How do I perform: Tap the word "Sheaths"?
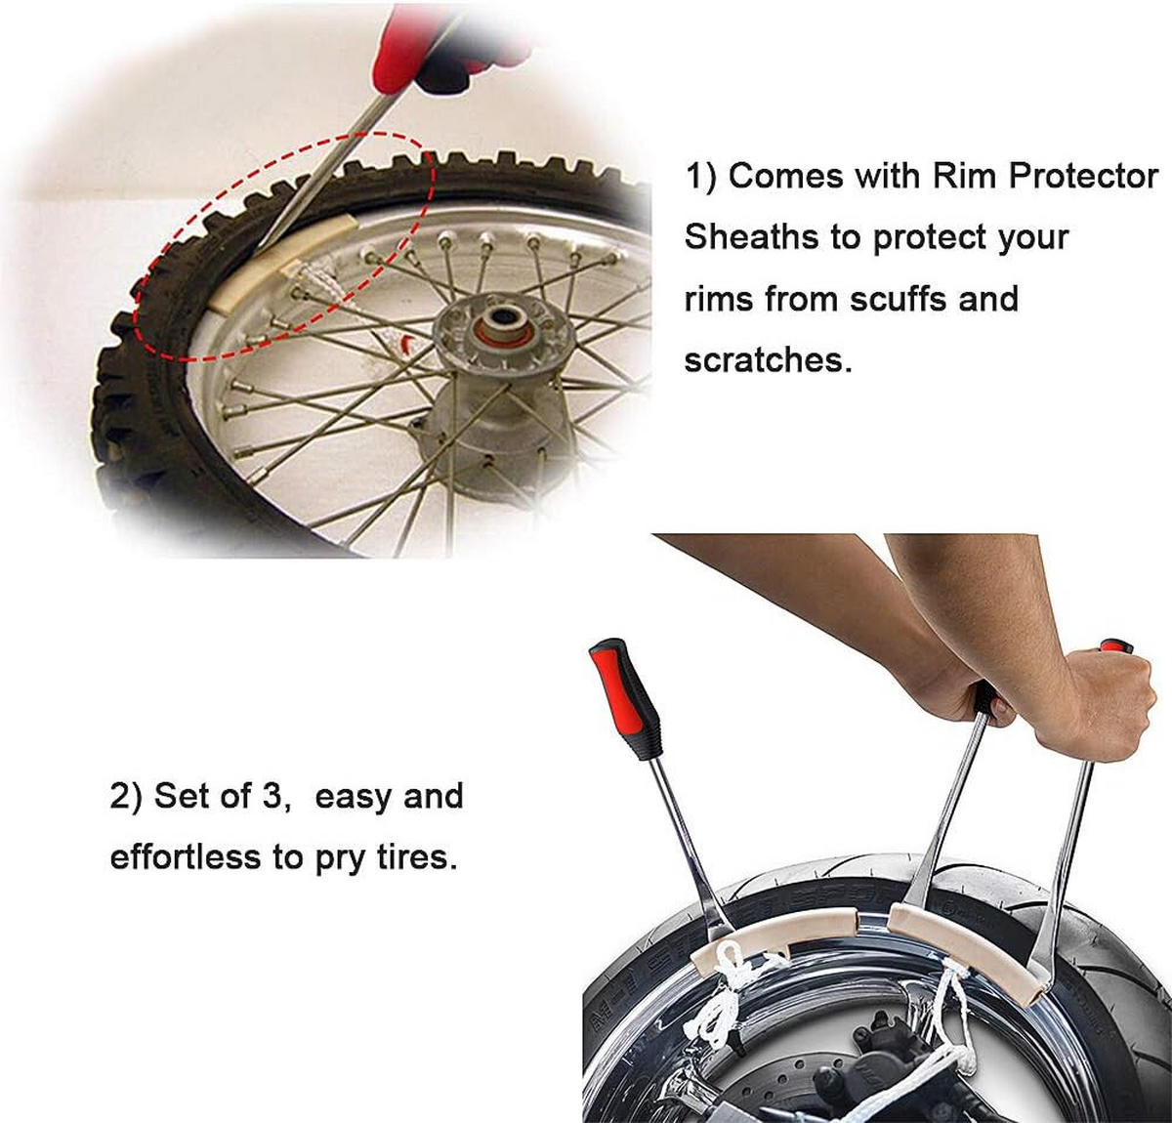tap(752, 236)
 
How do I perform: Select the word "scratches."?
tap(769, 359)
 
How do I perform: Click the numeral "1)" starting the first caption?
tap(701, 178)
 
